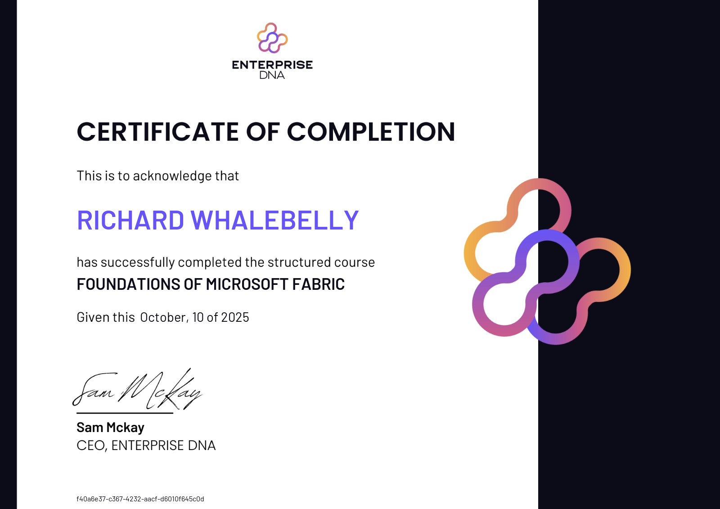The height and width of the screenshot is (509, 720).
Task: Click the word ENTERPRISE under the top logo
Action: pos(272,65)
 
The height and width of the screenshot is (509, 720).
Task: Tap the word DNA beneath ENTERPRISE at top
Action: pos(272,75)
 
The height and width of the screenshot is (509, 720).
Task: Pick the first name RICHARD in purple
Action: pos(130,220)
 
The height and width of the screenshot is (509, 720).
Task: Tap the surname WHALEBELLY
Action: pos(275,220)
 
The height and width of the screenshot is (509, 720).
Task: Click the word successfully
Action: pos(138,262)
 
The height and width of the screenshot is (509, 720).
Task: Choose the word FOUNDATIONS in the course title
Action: pos(128,284)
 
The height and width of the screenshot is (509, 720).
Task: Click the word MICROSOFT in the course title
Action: pos(247,284)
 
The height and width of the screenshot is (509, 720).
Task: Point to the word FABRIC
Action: pos(318,284)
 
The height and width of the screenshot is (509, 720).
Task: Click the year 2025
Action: pos(235,317)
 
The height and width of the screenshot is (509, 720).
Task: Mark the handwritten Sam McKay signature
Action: pos(137,389)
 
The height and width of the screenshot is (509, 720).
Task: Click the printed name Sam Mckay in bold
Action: pos(110,428)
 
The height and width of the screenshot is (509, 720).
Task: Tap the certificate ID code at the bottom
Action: pos(140,499)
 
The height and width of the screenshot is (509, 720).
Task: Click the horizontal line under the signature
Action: pos(125,413)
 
